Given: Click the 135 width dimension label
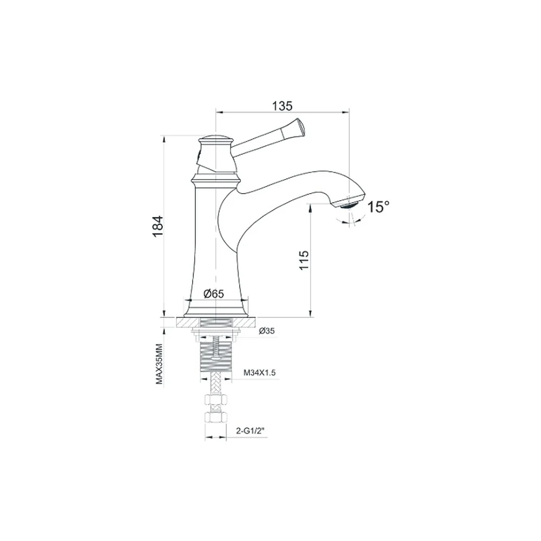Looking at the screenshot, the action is click(282, 105).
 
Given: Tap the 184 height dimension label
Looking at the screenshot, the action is click(157, 226).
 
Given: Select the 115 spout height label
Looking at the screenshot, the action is click(304, 260).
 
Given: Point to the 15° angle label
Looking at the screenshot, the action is click(378, 207).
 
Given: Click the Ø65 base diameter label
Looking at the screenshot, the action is click(214, 294).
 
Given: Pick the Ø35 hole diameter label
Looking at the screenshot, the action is click(267, 331).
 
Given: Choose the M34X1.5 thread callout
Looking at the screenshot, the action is click(260, 373).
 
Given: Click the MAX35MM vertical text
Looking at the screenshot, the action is click(159, 364).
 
